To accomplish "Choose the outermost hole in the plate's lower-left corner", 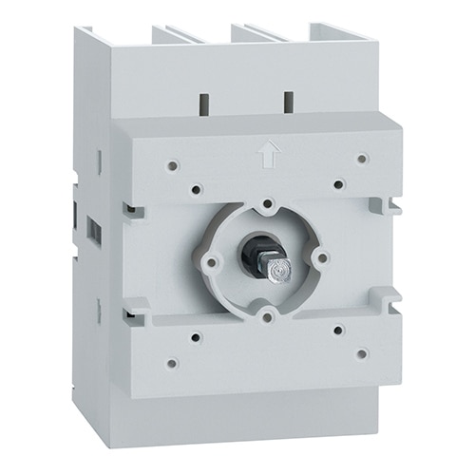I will point(171,362).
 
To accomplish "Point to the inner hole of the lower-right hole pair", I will point(339,329).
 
